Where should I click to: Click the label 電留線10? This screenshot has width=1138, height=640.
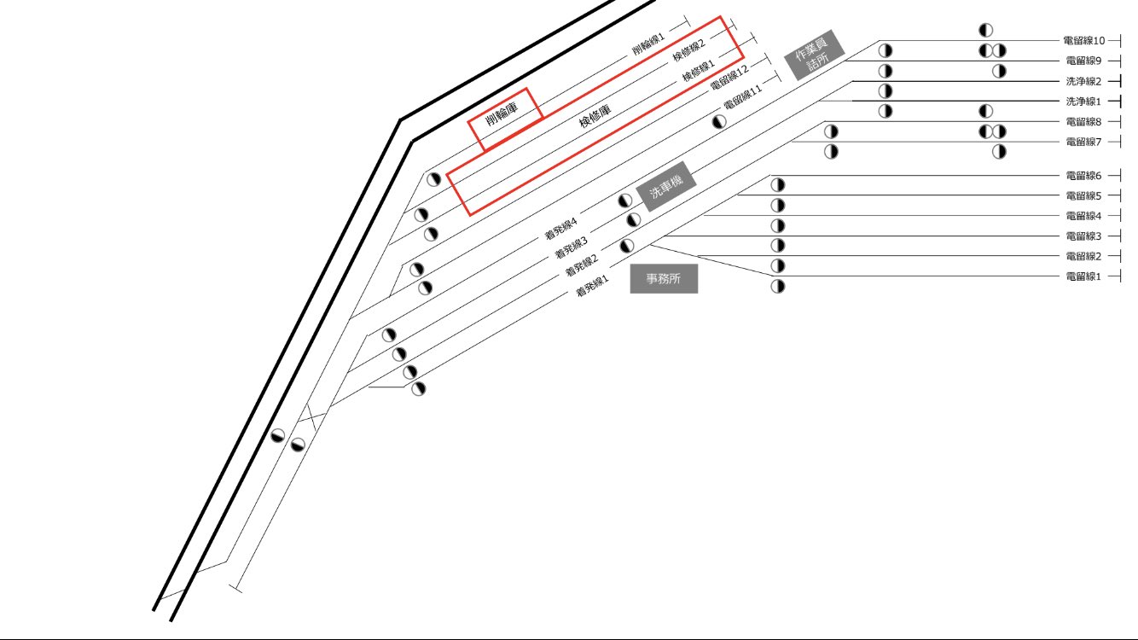(1084, 41)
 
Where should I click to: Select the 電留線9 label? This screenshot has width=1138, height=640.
(1083, 61)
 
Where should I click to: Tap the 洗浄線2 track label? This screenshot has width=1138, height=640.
(1083, 81)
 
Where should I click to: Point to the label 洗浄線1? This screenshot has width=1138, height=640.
(1083, 102)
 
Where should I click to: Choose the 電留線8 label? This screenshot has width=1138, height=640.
(1083, 122)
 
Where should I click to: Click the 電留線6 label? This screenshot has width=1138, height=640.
(1083, 176)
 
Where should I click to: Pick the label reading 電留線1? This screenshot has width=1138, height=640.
(1083, 276)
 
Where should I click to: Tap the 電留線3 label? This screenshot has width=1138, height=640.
(1083, 236)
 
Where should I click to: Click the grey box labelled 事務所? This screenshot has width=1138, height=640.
(664, 278)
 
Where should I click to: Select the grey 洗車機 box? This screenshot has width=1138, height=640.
(666, 186)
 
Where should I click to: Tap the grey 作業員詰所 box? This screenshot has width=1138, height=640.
(815, 55)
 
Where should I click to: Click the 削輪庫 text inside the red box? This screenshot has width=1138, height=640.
(502, 113)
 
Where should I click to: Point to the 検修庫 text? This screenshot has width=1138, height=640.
(595, 116)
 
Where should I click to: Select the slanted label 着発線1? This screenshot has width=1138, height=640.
(592, 286)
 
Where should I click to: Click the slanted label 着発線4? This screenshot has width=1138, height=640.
(560, 228)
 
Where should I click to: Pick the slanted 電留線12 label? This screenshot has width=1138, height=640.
(729, 78)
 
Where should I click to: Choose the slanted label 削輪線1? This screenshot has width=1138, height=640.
(647, 44)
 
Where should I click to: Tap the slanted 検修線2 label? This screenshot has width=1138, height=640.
(689, 50)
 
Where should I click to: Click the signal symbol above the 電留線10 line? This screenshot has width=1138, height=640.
(985, 30)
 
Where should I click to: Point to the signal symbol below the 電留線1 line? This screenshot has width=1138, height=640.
(777, 286)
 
